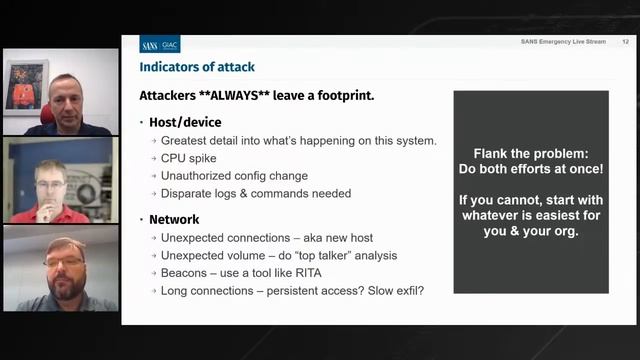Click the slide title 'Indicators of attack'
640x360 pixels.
197,67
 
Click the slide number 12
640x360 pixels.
625,42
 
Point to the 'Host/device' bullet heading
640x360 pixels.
185,123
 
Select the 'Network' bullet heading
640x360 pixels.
174,219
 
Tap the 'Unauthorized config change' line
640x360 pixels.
234,176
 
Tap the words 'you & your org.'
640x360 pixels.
531,231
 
